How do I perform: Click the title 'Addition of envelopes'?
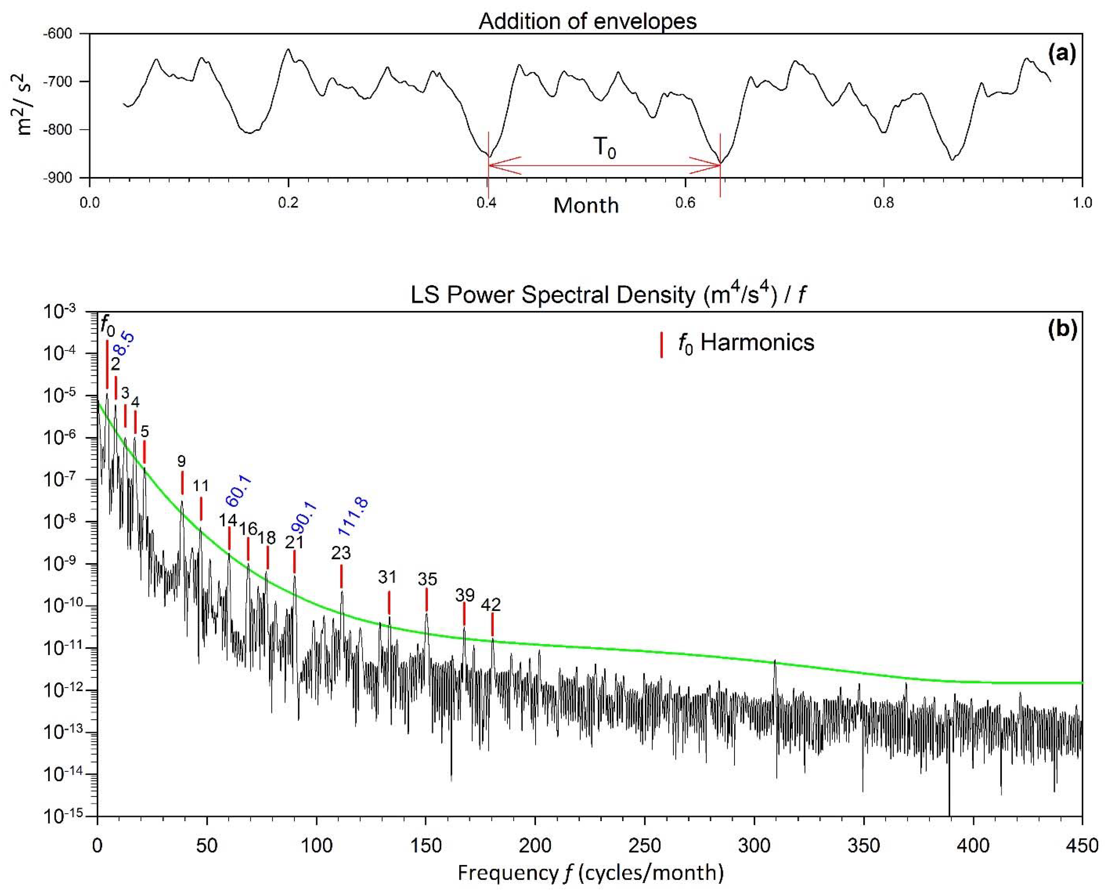click(x=588, y=22)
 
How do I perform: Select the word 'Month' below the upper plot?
click(x=586, y=205)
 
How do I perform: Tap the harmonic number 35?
click(x=427, y=579)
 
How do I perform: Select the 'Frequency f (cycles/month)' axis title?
click(x=591, y=873)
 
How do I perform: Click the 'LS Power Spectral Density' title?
click(x=608, y=295)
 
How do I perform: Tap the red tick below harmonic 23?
click(x=341, y=576)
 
